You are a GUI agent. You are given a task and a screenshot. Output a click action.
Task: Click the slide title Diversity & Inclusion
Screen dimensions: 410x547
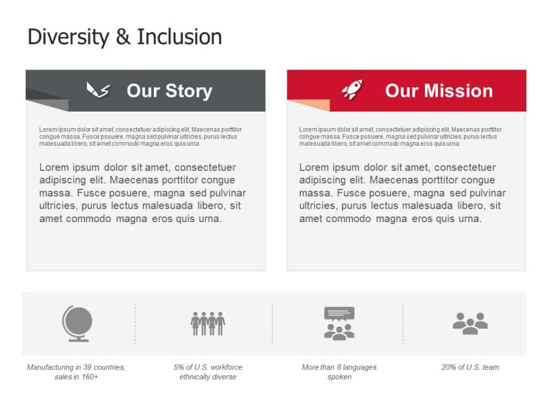(124, 37)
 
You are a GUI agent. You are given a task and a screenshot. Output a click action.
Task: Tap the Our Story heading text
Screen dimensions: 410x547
(169, 91)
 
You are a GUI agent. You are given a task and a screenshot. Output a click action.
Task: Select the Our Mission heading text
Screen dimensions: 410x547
(439, 91)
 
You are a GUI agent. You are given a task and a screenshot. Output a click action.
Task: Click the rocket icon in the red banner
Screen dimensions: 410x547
(352, 90)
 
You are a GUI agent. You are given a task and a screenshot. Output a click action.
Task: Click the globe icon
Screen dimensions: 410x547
(77, 324)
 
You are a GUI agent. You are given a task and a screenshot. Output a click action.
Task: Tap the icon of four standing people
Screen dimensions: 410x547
(208, 323)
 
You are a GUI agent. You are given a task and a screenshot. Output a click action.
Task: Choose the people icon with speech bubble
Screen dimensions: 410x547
(339, 323)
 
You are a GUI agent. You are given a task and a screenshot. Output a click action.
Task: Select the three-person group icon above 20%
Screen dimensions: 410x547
(470, 324)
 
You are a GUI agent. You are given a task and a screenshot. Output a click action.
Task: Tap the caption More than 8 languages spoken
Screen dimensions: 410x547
(339, 372)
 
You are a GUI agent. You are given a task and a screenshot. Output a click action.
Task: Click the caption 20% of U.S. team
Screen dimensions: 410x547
(470, 367)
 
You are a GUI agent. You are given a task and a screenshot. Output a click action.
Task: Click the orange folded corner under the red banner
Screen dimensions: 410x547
(310, 105)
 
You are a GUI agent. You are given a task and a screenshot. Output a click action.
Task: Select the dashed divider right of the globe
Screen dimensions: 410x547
(135, 324)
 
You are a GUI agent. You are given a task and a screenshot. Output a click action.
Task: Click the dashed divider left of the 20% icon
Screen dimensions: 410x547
(403, 324)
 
